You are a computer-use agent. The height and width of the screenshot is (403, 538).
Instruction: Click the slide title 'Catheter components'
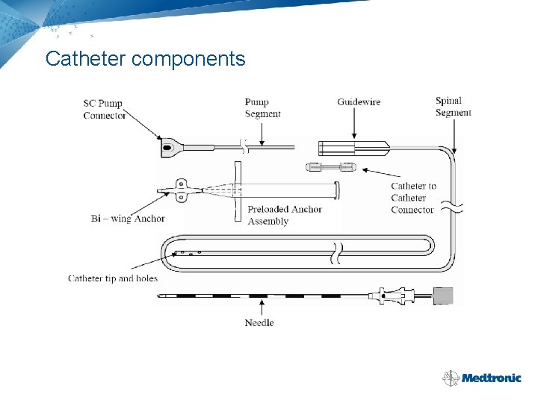pyautogui.click(x=145, y=58)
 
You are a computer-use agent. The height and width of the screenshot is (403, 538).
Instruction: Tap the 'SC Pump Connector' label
pyautogui.click(x=104, y=110)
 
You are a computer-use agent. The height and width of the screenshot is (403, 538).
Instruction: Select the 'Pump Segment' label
pyautogui.click(x=262, y=108)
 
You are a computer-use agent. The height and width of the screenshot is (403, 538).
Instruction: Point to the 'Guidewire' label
pyautogui.click(x=359, y=101)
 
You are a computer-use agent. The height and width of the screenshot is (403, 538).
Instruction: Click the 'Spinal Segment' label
pyautogui.click(x=453, y=106)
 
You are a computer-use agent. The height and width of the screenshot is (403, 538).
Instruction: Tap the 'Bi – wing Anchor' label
pyautogui.click(x=128, y=218)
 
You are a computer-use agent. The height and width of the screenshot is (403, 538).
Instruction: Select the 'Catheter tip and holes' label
pyautogui.click(x=113, y=278)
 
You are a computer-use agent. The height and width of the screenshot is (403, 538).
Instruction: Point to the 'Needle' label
pyautogui.click(x=259, y=322)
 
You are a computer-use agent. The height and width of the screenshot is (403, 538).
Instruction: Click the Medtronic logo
pyautogui.click(x=481, y=378)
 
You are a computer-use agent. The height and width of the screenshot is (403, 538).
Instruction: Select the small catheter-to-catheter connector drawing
pyautogui.click(x=330, y=166)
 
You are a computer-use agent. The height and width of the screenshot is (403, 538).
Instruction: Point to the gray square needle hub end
pyautogui.click(x=443, y=296)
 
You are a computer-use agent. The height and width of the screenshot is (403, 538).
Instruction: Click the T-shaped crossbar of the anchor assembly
pyautogui.click(x=238, y=190)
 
